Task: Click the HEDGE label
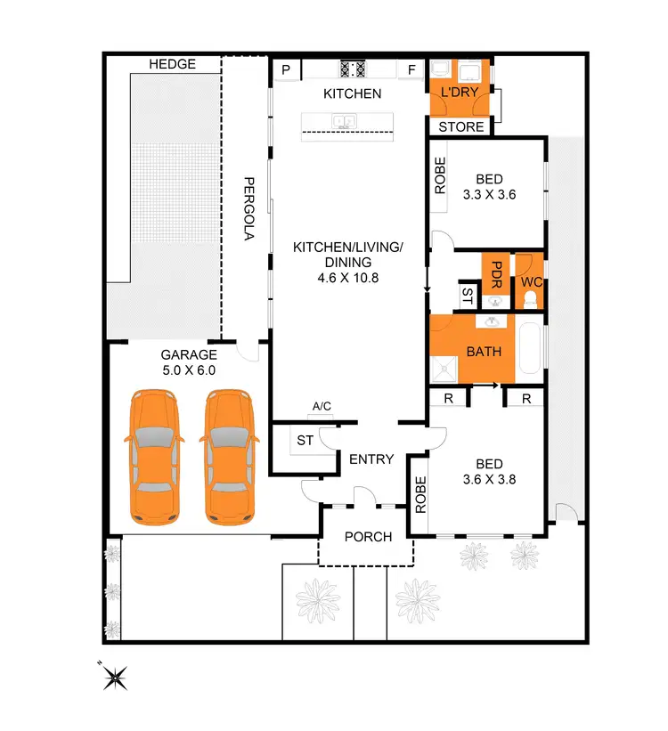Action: tap(172, 65)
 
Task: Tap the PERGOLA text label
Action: tap(250, 207)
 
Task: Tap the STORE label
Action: tap(461, 126)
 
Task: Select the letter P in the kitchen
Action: tap(287, 69)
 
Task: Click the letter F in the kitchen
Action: tap(411, 69)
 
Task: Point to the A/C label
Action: tap(322, 407)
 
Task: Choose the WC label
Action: tap(532, 282)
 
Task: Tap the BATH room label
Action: tap(484, 352)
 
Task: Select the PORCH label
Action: tap(368, 537)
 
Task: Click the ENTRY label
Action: tap(371, 459)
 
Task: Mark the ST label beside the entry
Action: tap(304, 441)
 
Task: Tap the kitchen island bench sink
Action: tap(345, 121)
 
